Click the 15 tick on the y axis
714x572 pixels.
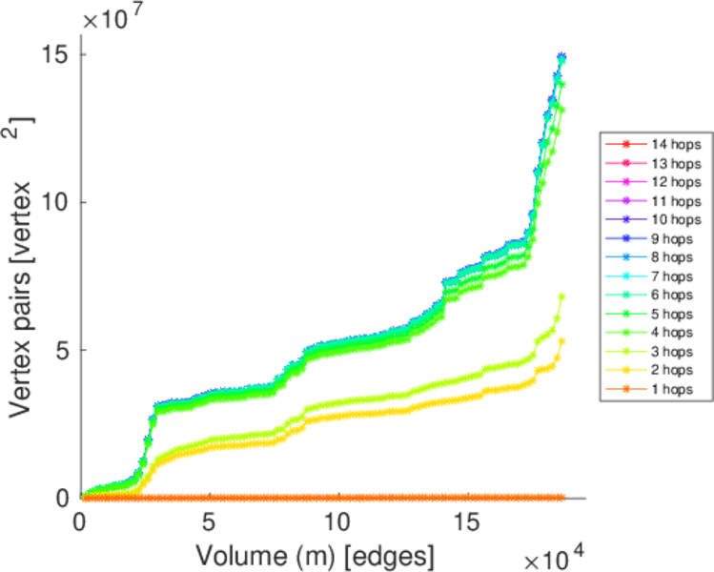[x=56, y=54]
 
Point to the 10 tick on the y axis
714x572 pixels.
[x=56, y=202]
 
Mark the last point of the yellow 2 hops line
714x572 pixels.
[x=561, y=341]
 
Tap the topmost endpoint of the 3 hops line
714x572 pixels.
[x=561, y=296]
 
